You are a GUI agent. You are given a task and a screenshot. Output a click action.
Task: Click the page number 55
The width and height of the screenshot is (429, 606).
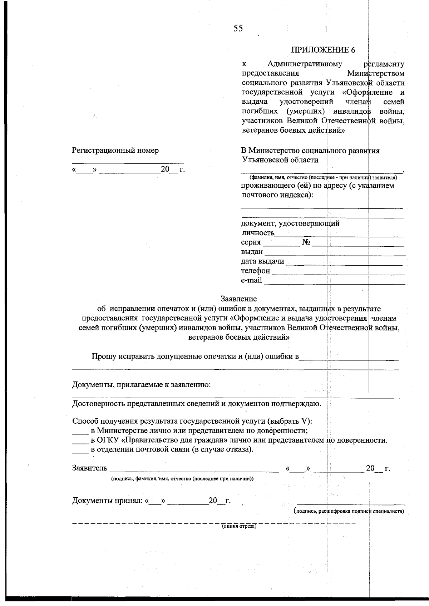(238, 28)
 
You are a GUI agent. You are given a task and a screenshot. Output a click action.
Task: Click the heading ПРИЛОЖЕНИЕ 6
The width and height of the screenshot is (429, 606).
(323, 50)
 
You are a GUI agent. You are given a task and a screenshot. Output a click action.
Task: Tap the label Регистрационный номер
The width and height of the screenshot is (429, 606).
(115, 151)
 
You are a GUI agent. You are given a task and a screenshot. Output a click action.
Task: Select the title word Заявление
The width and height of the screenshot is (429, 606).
(238, 299)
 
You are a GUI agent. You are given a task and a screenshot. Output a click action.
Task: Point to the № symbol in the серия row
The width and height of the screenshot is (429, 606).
(306, 242)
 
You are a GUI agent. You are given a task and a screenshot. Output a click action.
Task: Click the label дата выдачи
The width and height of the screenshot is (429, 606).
(262, 261)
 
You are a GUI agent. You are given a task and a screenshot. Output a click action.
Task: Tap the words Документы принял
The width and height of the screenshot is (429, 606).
(107, 501)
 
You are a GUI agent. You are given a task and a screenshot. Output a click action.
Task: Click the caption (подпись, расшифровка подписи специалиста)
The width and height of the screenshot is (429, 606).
(349, 511)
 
